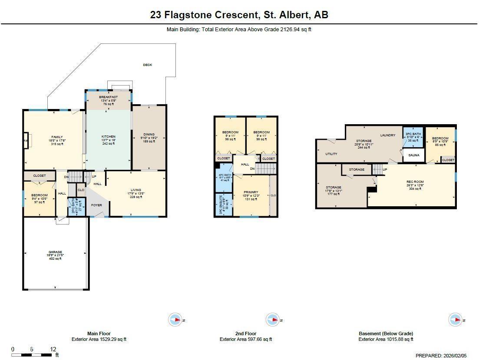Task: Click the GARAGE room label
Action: pyautogui.click(x=55, y=252)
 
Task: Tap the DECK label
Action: pyautogui.click(x=148, y=65)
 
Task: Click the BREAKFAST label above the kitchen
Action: pyautogui.click(x=108, y=97)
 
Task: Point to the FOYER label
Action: pyautogui.click(x=96, y=205)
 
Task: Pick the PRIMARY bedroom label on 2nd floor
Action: pyautogui.click(x=251, y=192)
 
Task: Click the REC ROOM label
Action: pyautogui.click(x=415, y=182)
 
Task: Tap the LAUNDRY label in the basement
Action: pyautogui.click(x=387, y=135)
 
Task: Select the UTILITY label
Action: pyautogui.click(x=331, y=154)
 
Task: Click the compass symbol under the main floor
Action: pyautogui.click(x=175, y=320)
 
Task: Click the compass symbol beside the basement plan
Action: pyautogui.click(x=455, y=320)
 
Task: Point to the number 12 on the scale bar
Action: pyautogui.click(x=53, y=349)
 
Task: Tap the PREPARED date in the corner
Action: pyautogui.click(x=441, y=355)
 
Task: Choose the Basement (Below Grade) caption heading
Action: pyautogui.click(x=386, y=334)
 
